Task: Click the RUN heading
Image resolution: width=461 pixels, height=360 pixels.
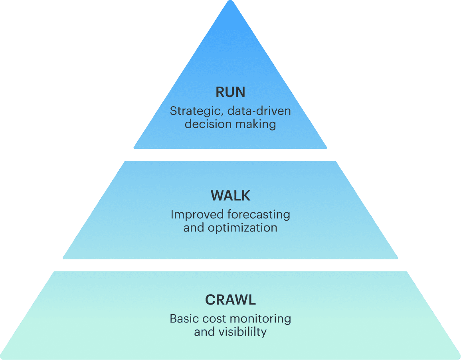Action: pos(230,92)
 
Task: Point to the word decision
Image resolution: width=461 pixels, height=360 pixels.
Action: pos(204,124)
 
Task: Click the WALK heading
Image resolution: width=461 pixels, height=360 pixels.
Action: pos(230,196)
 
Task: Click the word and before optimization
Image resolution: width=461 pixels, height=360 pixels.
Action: pos(194,227)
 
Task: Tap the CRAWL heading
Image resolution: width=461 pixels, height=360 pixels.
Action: pos(230,300)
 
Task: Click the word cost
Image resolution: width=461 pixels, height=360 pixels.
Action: pos(212,318)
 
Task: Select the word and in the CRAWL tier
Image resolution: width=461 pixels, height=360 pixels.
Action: pos(204,332)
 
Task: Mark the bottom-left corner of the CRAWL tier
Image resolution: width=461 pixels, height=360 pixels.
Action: pos(2,358)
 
